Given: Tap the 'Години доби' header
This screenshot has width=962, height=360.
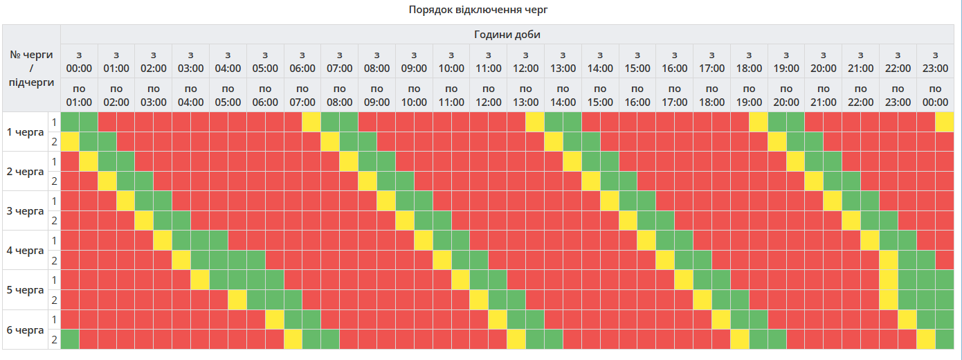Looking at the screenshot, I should click(x=507, y=35).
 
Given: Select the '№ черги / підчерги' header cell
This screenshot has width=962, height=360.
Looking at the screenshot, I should click(x=31, y=69).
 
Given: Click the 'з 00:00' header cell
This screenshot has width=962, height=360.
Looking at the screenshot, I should click(x=79, y=62).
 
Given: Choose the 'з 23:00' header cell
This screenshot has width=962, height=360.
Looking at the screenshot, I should click(x=935, y=62).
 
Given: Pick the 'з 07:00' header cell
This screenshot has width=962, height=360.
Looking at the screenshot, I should click(x=340, y=62).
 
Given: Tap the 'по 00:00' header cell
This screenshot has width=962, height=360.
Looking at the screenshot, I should click(x=935, y=96).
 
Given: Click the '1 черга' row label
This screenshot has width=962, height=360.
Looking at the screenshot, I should click(x=25, y=132).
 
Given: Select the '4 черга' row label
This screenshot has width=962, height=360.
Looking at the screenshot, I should click(x=25, y=251).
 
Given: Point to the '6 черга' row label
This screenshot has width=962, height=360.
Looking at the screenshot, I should click(x=25, y=330).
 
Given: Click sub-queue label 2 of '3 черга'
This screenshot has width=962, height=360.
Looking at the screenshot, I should click(x=54, y=221).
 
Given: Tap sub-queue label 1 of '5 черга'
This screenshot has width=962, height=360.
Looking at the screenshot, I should click(x=54, y=280).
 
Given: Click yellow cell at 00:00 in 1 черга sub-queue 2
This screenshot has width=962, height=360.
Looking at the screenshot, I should click(x=70, y=142).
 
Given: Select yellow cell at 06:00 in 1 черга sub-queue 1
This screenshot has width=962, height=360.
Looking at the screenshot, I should click(x=311, y=122).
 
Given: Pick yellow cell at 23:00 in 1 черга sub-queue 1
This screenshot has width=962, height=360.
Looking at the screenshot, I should click(x=944, y=122).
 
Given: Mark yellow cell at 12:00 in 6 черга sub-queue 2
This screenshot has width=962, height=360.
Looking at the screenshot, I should click(x=516, y=340).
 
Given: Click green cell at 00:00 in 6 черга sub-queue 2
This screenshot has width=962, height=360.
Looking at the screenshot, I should click(x=70, y=340).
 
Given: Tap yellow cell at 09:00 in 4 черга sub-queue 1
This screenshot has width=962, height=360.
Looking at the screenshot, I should click(x=424, y=241).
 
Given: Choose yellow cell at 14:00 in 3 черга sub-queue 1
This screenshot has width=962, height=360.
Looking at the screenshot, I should click(x=610, y=201).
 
